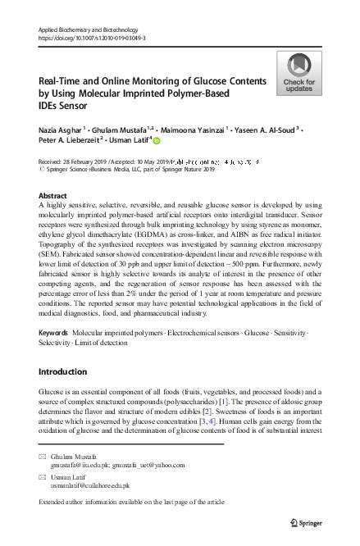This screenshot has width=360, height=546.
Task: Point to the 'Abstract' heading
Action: pos(53,197)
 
